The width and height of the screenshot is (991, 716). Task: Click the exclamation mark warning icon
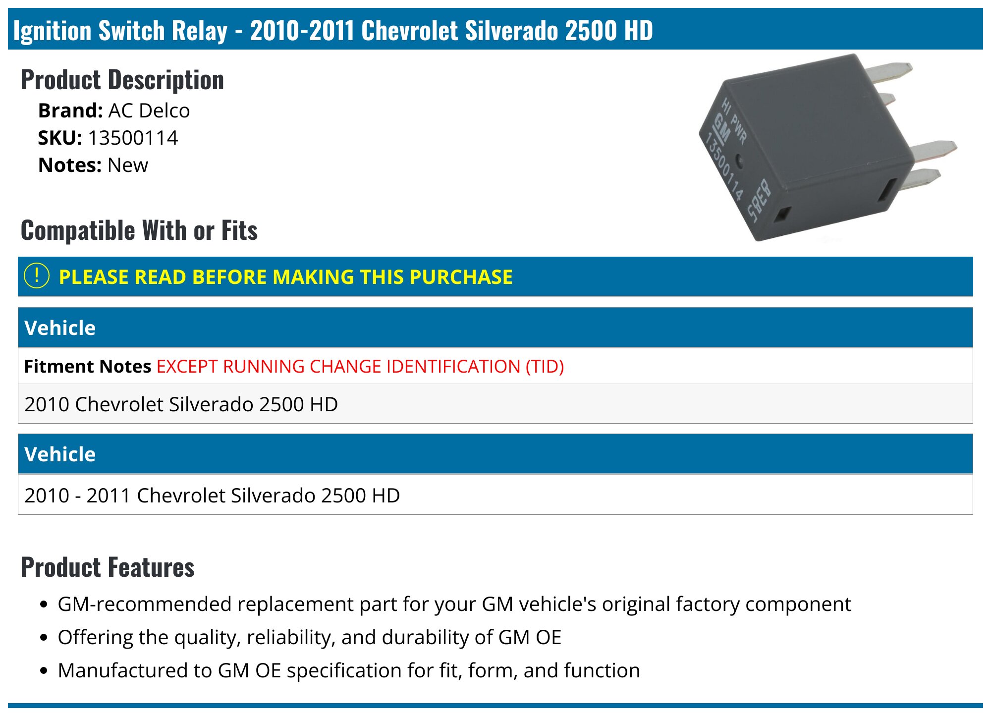point(37,276)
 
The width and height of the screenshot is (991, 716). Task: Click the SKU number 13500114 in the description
point(133,138)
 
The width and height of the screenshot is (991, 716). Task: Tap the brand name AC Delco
point(149,110)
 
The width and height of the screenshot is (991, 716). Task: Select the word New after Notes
point(127,165)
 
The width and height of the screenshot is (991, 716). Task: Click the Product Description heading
point(122,80)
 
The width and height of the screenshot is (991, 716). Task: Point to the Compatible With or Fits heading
point(139,230)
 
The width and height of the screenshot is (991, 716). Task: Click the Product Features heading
point(108,567)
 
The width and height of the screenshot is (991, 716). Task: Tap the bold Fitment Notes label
point(87,366)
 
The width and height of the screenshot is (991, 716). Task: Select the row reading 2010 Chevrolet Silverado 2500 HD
point(181,404)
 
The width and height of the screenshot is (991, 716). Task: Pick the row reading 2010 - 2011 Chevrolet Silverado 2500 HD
point(212,495)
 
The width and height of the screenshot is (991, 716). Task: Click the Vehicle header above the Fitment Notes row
point(60,328)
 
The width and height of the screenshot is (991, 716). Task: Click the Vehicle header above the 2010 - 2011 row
point(60,454)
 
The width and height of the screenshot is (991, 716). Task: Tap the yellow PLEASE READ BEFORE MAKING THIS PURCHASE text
point(285,276)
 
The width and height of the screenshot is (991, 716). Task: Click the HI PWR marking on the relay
point(734,121)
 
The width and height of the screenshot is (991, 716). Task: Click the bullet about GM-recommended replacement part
point(454,604)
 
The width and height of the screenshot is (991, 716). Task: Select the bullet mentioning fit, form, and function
point(348,670)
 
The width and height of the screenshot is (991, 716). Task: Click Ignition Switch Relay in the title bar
point(120,30)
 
